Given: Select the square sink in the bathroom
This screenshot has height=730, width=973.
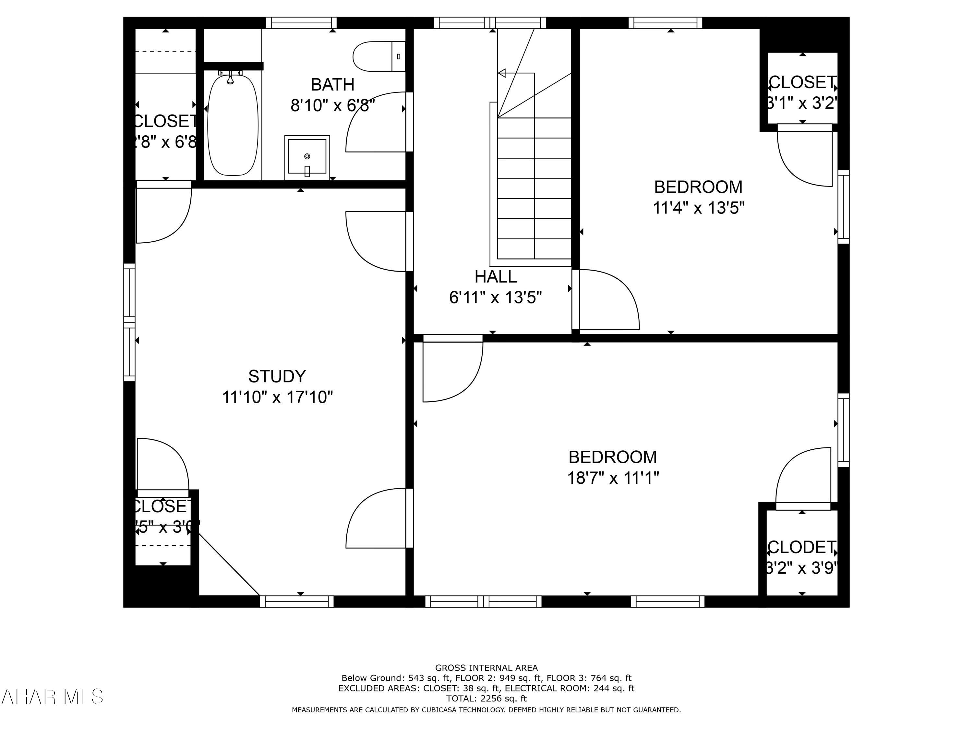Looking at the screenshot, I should tap(307, 157).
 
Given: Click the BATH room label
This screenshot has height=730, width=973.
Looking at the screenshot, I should tap(332, 84).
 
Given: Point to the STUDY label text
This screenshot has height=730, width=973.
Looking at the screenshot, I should tap(277, 376).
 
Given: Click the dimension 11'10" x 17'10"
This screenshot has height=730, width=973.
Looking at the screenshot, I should tap(277, 397).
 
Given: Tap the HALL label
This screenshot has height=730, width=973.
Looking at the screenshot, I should tap(495, 277).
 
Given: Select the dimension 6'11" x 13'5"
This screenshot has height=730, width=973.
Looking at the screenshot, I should tap(495, 298).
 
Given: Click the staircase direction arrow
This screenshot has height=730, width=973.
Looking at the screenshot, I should tap(502, 73).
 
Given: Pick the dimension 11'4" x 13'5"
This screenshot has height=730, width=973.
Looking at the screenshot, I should tap(698, 208).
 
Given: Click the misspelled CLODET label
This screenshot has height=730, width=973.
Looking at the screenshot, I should tap(801, 547).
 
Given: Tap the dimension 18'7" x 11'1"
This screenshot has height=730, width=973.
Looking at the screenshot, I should tap(613, 478).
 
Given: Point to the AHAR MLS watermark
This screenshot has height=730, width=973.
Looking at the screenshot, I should tap(52, 697).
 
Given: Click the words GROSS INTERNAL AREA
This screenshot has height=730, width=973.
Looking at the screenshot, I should tap(486, 668).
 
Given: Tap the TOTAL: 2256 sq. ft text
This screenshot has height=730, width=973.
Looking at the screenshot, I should tap(486, 698).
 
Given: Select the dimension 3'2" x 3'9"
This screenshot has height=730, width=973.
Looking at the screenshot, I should tap(801, 568).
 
